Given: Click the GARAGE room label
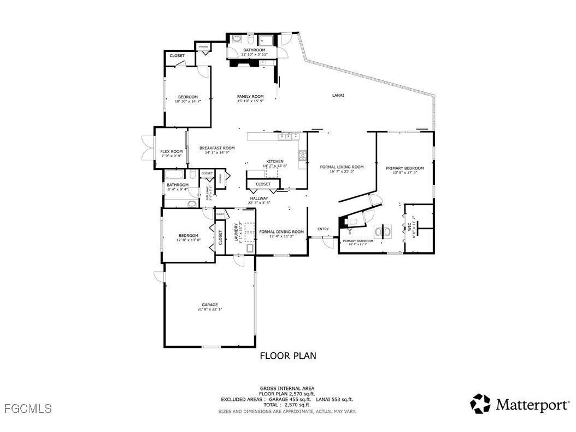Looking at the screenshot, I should click(x=210, y=305).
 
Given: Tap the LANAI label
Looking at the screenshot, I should click(x=338, y=96).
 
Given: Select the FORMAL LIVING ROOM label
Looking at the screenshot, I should click(x=342, y=167).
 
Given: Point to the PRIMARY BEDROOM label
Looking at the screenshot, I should click(x=404, y=168).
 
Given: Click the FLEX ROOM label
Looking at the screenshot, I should click(x=171, y=151).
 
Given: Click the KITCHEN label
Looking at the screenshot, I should click(x=275, y=161).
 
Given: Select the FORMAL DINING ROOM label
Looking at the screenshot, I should click(x=281, y=231).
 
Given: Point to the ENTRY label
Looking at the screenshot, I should click(x=323, y=229).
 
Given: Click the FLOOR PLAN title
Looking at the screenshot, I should click(x=287, y=356).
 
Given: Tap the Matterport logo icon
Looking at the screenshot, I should click(x=481, y=404).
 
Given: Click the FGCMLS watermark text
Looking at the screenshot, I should click(x=27, y=408).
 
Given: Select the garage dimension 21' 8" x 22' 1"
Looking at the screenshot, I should click(x=210, y=310).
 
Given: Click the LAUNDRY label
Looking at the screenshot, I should click(x=236, y=232).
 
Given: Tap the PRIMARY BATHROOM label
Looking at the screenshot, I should click(x=358, y=241).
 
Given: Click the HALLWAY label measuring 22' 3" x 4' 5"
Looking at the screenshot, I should click(x=259, y=199).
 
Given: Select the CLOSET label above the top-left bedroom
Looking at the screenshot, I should click(x=177, y=56).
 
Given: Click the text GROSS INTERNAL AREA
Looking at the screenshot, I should click(x=287, y=389).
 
